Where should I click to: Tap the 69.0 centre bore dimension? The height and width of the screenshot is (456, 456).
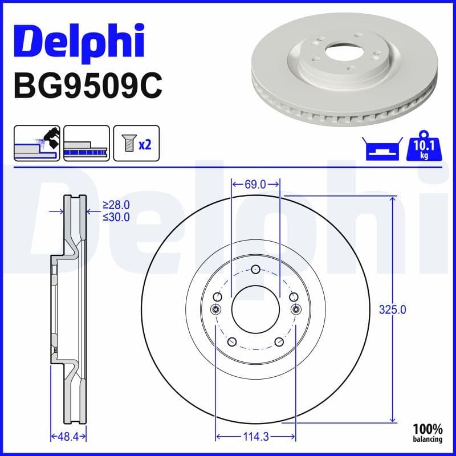pyautogui.click(x=255, y=184)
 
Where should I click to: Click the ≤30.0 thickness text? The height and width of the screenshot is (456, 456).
pyautogui.click(x=116, y=217)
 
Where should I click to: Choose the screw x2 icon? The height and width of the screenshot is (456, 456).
pyautogui.click(x=136, y=143)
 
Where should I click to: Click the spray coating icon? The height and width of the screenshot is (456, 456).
pyautogui.click(x=36, y=143)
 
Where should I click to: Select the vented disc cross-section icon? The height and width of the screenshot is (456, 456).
pyautogui.click(x=86, y=143)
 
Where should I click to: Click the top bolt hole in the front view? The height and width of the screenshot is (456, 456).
pyautogui.click(x=255, y=269)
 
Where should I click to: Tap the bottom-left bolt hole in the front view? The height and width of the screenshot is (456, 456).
pyautogui.click(x=232, y=341)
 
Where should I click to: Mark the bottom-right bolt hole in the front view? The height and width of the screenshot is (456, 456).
pyautogui.click(x=278, y=341)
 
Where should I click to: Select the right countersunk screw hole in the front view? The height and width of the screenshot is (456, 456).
pyautogui.click(x=295, y=309)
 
